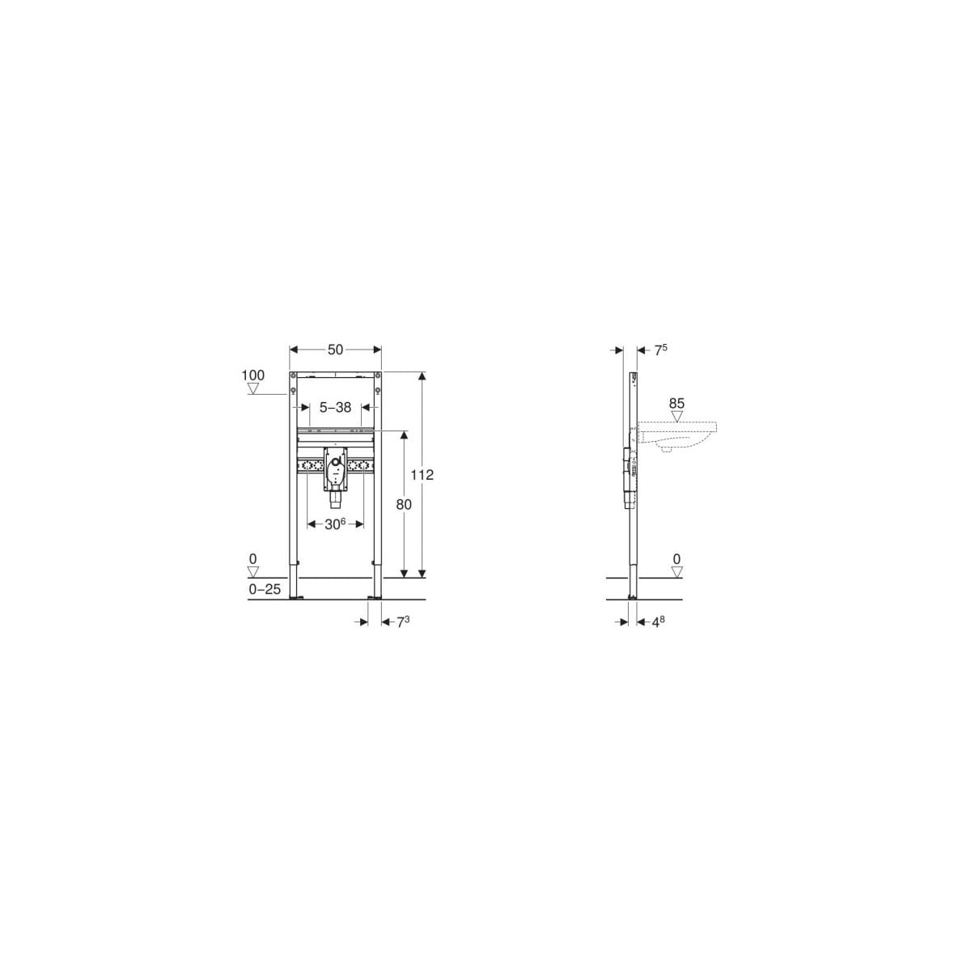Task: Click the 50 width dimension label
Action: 335,350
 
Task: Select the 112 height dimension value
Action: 422,474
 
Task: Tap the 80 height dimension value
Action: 404,504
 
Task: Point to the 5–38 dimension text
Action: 335,407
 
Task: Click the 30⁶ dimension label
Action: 335,524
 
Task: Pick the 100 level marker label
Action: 253,375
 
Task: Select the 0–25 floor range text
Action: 265,589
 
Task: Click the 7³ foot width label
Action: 403,621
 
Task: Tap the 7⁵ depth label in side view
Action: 660,350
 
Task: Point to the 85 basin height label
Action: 676,403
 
